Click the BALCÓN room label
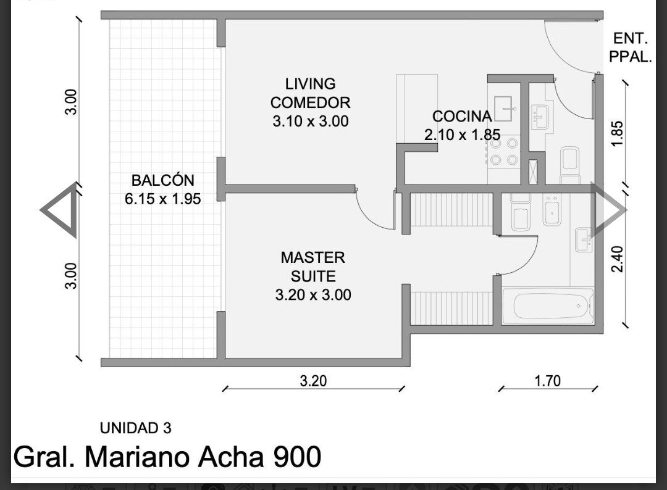coord(162,180)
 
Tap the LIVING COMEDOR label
coord(310,93)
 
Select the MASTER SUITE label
coord(313,267)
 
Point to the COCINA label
coord(462,116)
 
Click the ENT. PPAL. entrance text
coord(631,47)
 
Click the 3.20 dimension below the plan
coord(314,381)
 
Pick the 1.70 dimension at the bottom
coord(547,381)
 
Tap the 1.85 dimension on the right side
coord(617,133)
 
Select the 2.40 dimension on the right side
coord(617,259)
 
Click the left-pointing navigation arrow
coord(59,209)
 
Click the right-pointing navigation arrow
coord(608,209)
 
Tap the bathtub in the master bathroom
coord(548,306)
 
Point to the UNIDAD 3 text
coord(135,428)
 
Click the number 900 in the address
coord(297,457)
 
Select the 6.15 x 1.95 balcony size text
coord(162,199)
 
